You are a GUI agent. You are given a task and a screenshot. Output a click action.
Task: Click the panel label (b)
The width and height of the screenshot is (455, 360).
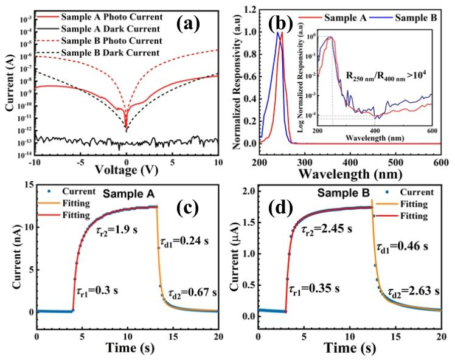[x=281, y=24]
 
